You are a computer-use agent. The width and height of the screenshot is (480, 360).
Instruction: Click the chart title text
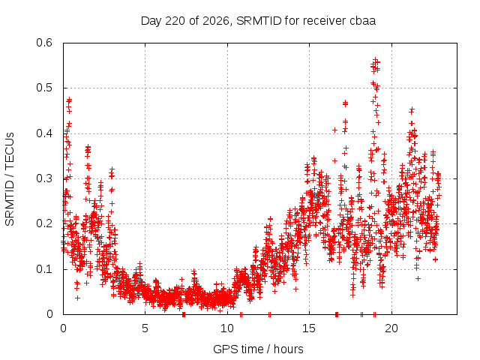pos(258,21)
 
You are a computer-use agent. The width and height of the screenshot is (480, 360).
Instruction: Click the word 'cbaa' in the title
pos(362,21)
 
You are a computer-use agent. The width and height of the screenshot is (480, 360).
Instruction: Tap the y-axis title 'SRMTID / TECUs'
pos(10,179)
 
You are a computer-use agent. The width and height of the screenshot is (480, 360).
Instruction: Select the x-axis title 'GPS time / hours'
pos(258,349)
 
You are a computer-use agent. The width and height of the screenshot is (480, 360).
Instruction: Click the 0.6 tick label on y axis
pos(44,43)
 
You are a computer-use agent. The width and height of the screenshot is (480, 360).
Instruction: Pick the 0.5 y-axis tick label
pos(44,88)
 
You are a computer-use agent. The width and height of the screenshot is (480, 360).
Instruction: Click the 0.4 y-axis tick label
pos(44,133)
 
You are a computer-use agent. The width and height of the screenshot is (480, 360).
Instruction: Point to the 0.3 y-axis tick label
pos(44,178)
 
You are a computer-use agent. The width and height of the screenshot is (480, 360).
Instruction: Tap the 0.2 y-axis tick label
pos(44,223)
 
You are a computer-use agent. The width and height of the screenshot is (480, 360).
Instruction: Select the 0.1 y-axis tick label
pos(44,269)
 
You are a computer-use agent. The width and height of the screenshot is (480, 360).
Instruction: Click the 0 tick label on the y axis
pos(50,314)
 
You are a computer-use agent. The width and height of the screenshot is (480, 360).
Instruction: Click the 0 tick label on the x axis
pos(63,328)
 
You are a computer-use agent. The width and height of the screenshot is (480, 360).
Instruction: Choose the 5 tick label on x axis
pos(145,328)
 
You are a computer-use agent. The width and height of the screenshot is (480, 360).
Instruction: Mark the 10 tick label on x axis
pos(227,328)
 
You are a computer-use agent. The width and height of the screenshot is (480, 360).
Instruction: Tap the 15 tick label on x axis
pos(309,328)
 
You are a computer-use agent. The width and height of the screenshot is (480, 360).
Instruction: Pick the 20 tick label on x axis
pos(391,328)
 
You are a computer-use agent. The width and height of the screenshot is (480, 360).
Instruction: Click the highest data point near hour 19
pos(375,59)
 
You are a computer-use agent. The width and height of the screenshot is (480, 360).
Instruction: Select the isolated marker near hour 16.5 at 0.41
pos(335,130)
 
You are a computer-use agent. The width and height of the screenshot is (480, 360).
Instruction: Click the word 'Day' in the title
pos(151,21)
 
